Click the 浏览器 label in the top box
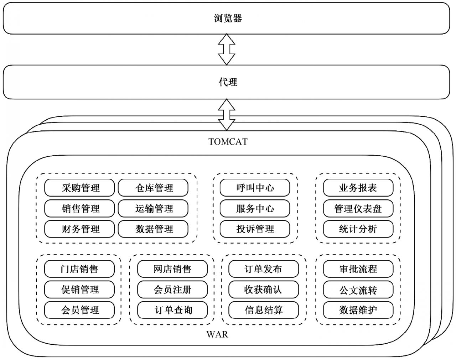pyautogui.click(x=228, y=18)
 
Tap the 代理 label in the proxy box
pyautogui.click(x=228, y=82)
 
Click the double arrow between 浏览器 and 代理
pyautogui.click(x=227, y=49)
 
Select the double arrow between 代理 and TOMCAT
pyautogui.click(x=227, y=115)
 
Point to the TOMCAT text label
pyautogui.click(x=228, y=142)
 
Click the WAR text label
pyautogui.click(x=217, y=334)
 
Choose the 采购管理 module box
pyautogui.click(x=79, y=188)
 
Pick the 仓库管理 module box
pyautogui.click(x=153, y=188)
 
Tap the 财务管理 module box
pyautogui.click(x=79, y=229)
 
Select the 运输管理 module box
pyautogui.click(x=153, y=208)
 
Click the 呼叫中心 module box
pyautogui.click(x=255, y=188)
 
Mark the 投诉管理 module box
pyautogui.click(x=255, y=229)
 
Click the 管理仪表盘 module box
pyautogui.click(x=358, y=208)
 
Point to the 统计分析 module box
pyautogui.click(x=358, y=229)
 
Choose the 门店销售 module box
pyautogui.click(x=79, y=269)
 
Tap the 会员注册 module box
pyautogui.click(x=172, y=289)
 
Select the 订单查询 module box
pyautogui.click(x=172, y=310)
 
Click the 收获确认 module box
pyautogui.click(x=264, y=289)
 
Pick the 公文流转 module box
pyautogui.click(x=358, y=289)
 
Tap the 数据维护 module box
pyautogui.click(x=358, y=310)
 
